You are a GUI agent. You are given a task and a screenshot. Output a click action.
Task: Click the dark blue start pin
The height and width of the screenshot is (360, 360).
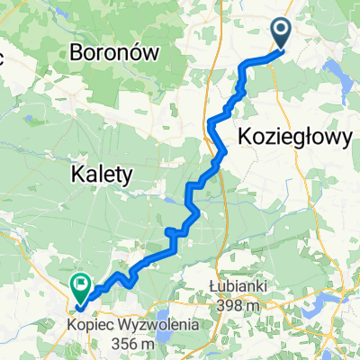(281, 35)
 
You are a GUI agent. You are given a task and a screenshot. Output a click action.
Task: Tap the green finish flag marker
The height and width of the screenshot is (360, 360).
(81, 288)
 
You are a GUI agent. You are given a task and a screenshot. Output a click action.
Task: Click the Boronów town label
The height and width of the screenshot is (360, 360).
(114, 52)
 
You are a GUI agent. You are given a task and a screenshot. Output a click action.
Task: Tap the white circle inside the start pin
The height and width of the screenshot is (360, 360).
(281, 32)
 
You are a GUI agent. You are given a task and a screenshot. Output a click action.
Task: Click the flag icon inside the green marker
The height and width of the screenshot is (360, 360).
(81, 286)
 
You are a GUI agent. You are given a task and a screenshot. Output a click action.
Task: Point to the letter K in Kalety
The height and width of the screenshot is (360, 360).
(77, 171)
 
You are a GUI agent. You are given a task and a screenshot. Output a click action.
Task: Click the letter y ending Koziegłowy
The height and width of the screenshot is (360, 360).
(343, 137)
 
